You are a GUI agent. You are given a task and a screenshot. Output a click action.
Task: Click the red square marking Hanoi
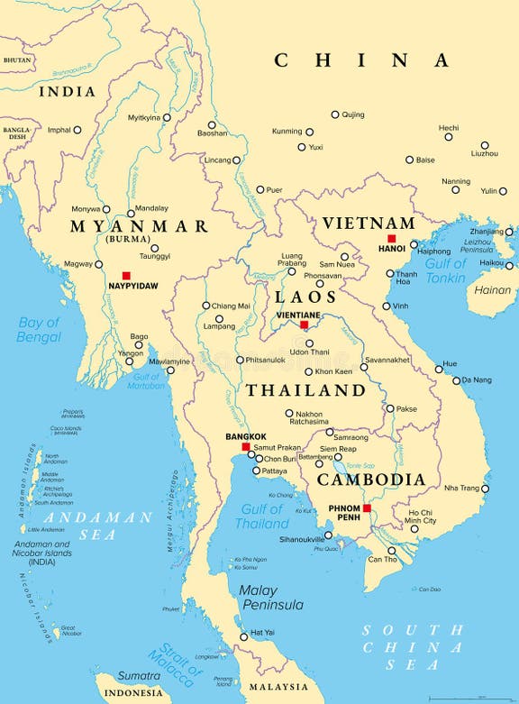coord(391,239)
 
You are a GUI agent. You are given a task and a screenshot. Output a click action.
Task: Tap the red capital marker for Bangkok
coord(245,446)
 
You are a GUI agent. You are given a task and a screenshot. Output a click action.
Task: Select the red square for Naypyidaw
coord(126,275)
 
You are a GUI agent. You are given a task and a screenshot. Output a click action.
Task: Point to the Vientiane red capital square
coord(304,325)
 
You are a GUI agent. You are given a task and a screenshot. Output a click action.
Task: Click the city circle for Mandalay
coord(131,214)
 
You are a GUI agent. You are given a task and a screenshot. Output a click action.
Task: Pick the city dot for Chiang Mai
coord(205,305)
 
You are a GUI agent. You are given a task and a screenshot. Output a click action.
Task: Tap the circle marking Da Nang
coord(457,380)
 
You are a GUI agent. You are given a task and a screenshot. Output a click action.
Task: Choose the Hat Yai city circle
coord(243,637)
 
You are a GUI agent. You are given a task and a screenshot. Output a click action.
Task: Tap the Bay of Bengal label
coord(38,329)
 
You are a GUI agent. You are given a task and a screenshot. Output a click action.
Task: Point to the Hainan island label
coord(492,290)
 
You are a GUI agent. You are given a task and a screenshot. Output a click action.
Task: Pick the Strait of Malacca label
coord(176,663)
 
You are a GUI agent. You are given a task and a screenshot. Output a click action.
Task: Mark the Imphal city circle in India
coord(77,130)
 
